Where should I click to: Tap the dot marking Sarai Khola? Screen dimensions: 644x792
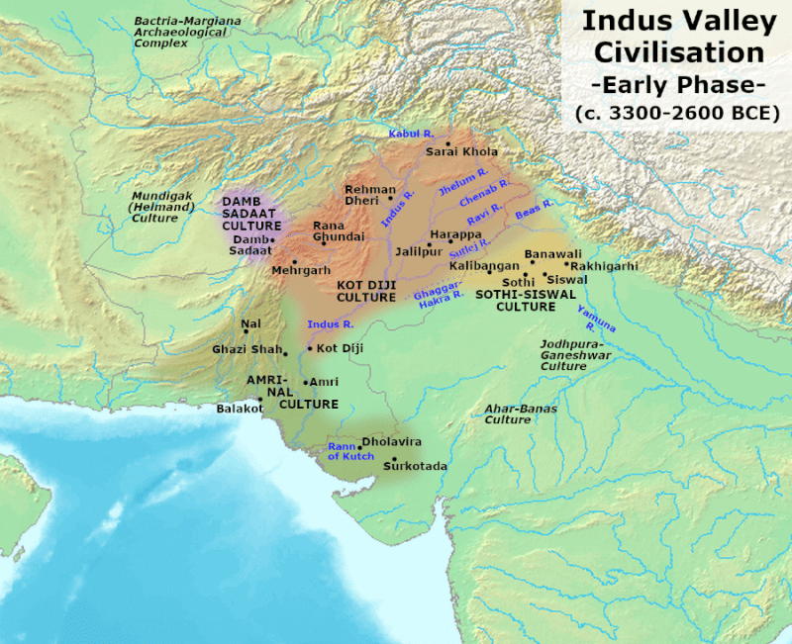pyautogui.click(x=447, y=144)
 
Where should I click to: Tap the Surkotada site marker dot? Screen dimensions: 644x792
pyautogui.click(x=395, y=459)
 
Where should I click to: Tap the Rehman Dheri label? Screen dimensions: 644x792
pyautogui.click(x=370, y=195)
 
